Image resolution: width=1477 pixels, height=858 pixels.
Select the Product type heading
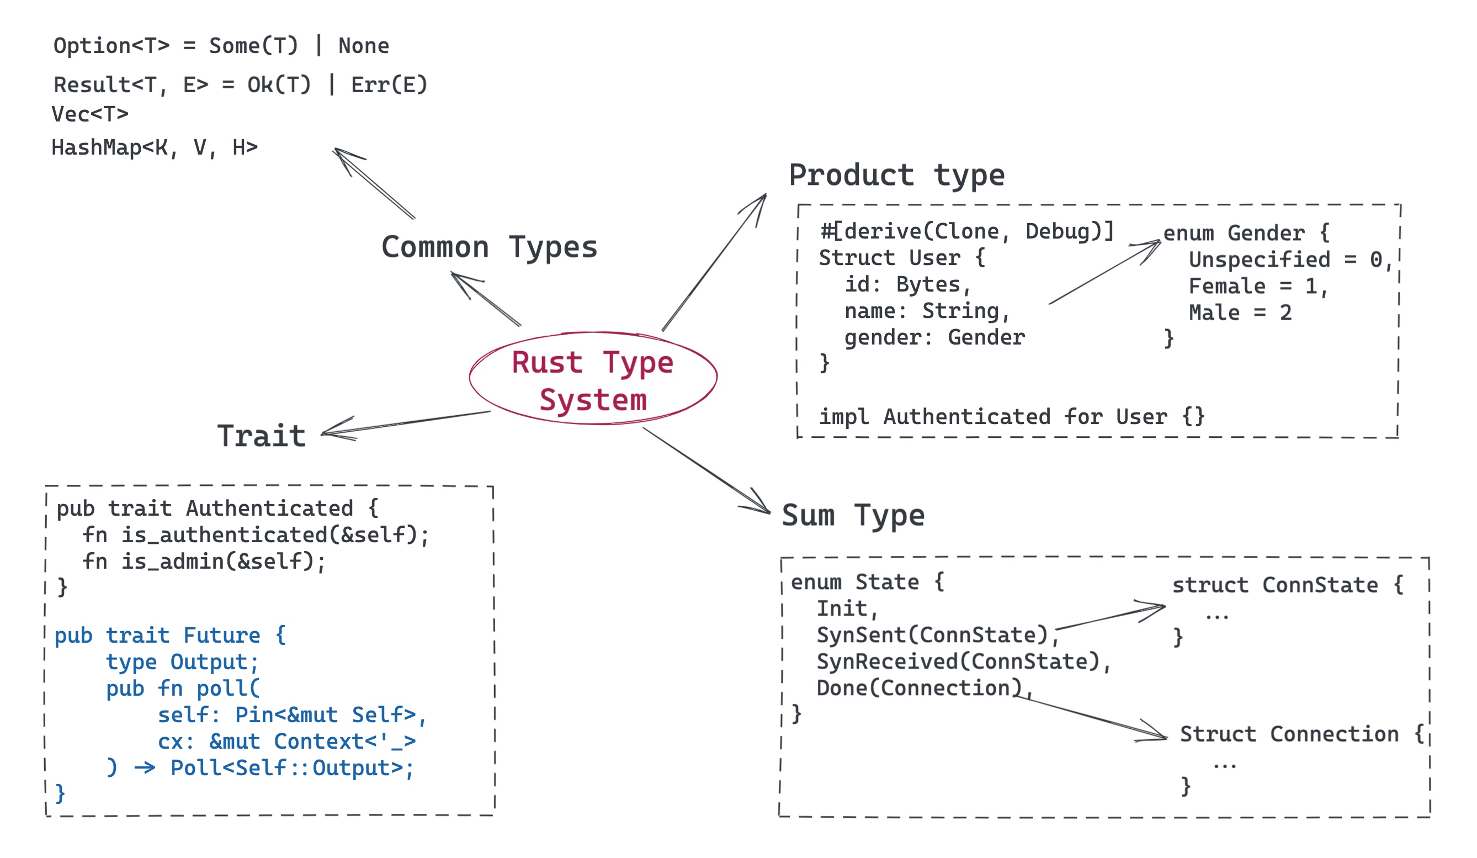click(896, 176)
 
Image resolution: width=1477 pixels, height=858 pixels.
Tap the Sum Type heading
click(853, 516)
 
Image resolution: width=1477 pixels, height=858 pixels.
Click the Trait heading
click(262, 436)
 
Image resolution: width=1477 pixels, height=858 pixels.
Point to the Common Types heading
click(489, 247)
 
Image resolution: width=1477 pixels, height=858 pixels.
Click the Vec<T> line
click(89, 114)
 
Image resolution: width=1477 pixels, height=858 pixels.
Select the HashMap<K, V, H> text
click(154, 147)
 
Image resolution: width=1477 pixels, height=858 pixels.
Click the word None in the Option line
click(363, 46)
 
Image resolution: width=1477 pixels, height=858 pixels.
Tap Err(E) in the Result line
click(389, 85)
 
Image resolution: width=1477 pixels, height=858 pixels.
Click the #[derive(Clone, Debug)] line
click(967, 231)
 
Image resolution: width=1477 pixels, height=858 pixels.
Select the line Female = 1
click(1257, 286)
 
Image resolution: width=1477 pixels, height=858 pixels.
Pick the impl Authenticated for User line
click(1011, 416)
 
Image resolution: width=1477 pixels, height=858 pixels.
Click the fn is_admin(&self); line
click(203, 562)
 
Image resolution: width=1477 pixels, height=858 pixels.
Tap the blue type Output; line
click(182, 661)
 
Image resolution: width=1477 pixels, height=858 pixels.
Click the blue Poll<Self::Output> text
click(291, 767)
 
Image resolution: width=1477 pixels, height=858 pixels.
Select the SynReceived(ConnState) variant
click(963, 661)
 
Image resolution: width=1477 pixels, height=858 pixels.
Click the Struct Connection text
click(1289, 734)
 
